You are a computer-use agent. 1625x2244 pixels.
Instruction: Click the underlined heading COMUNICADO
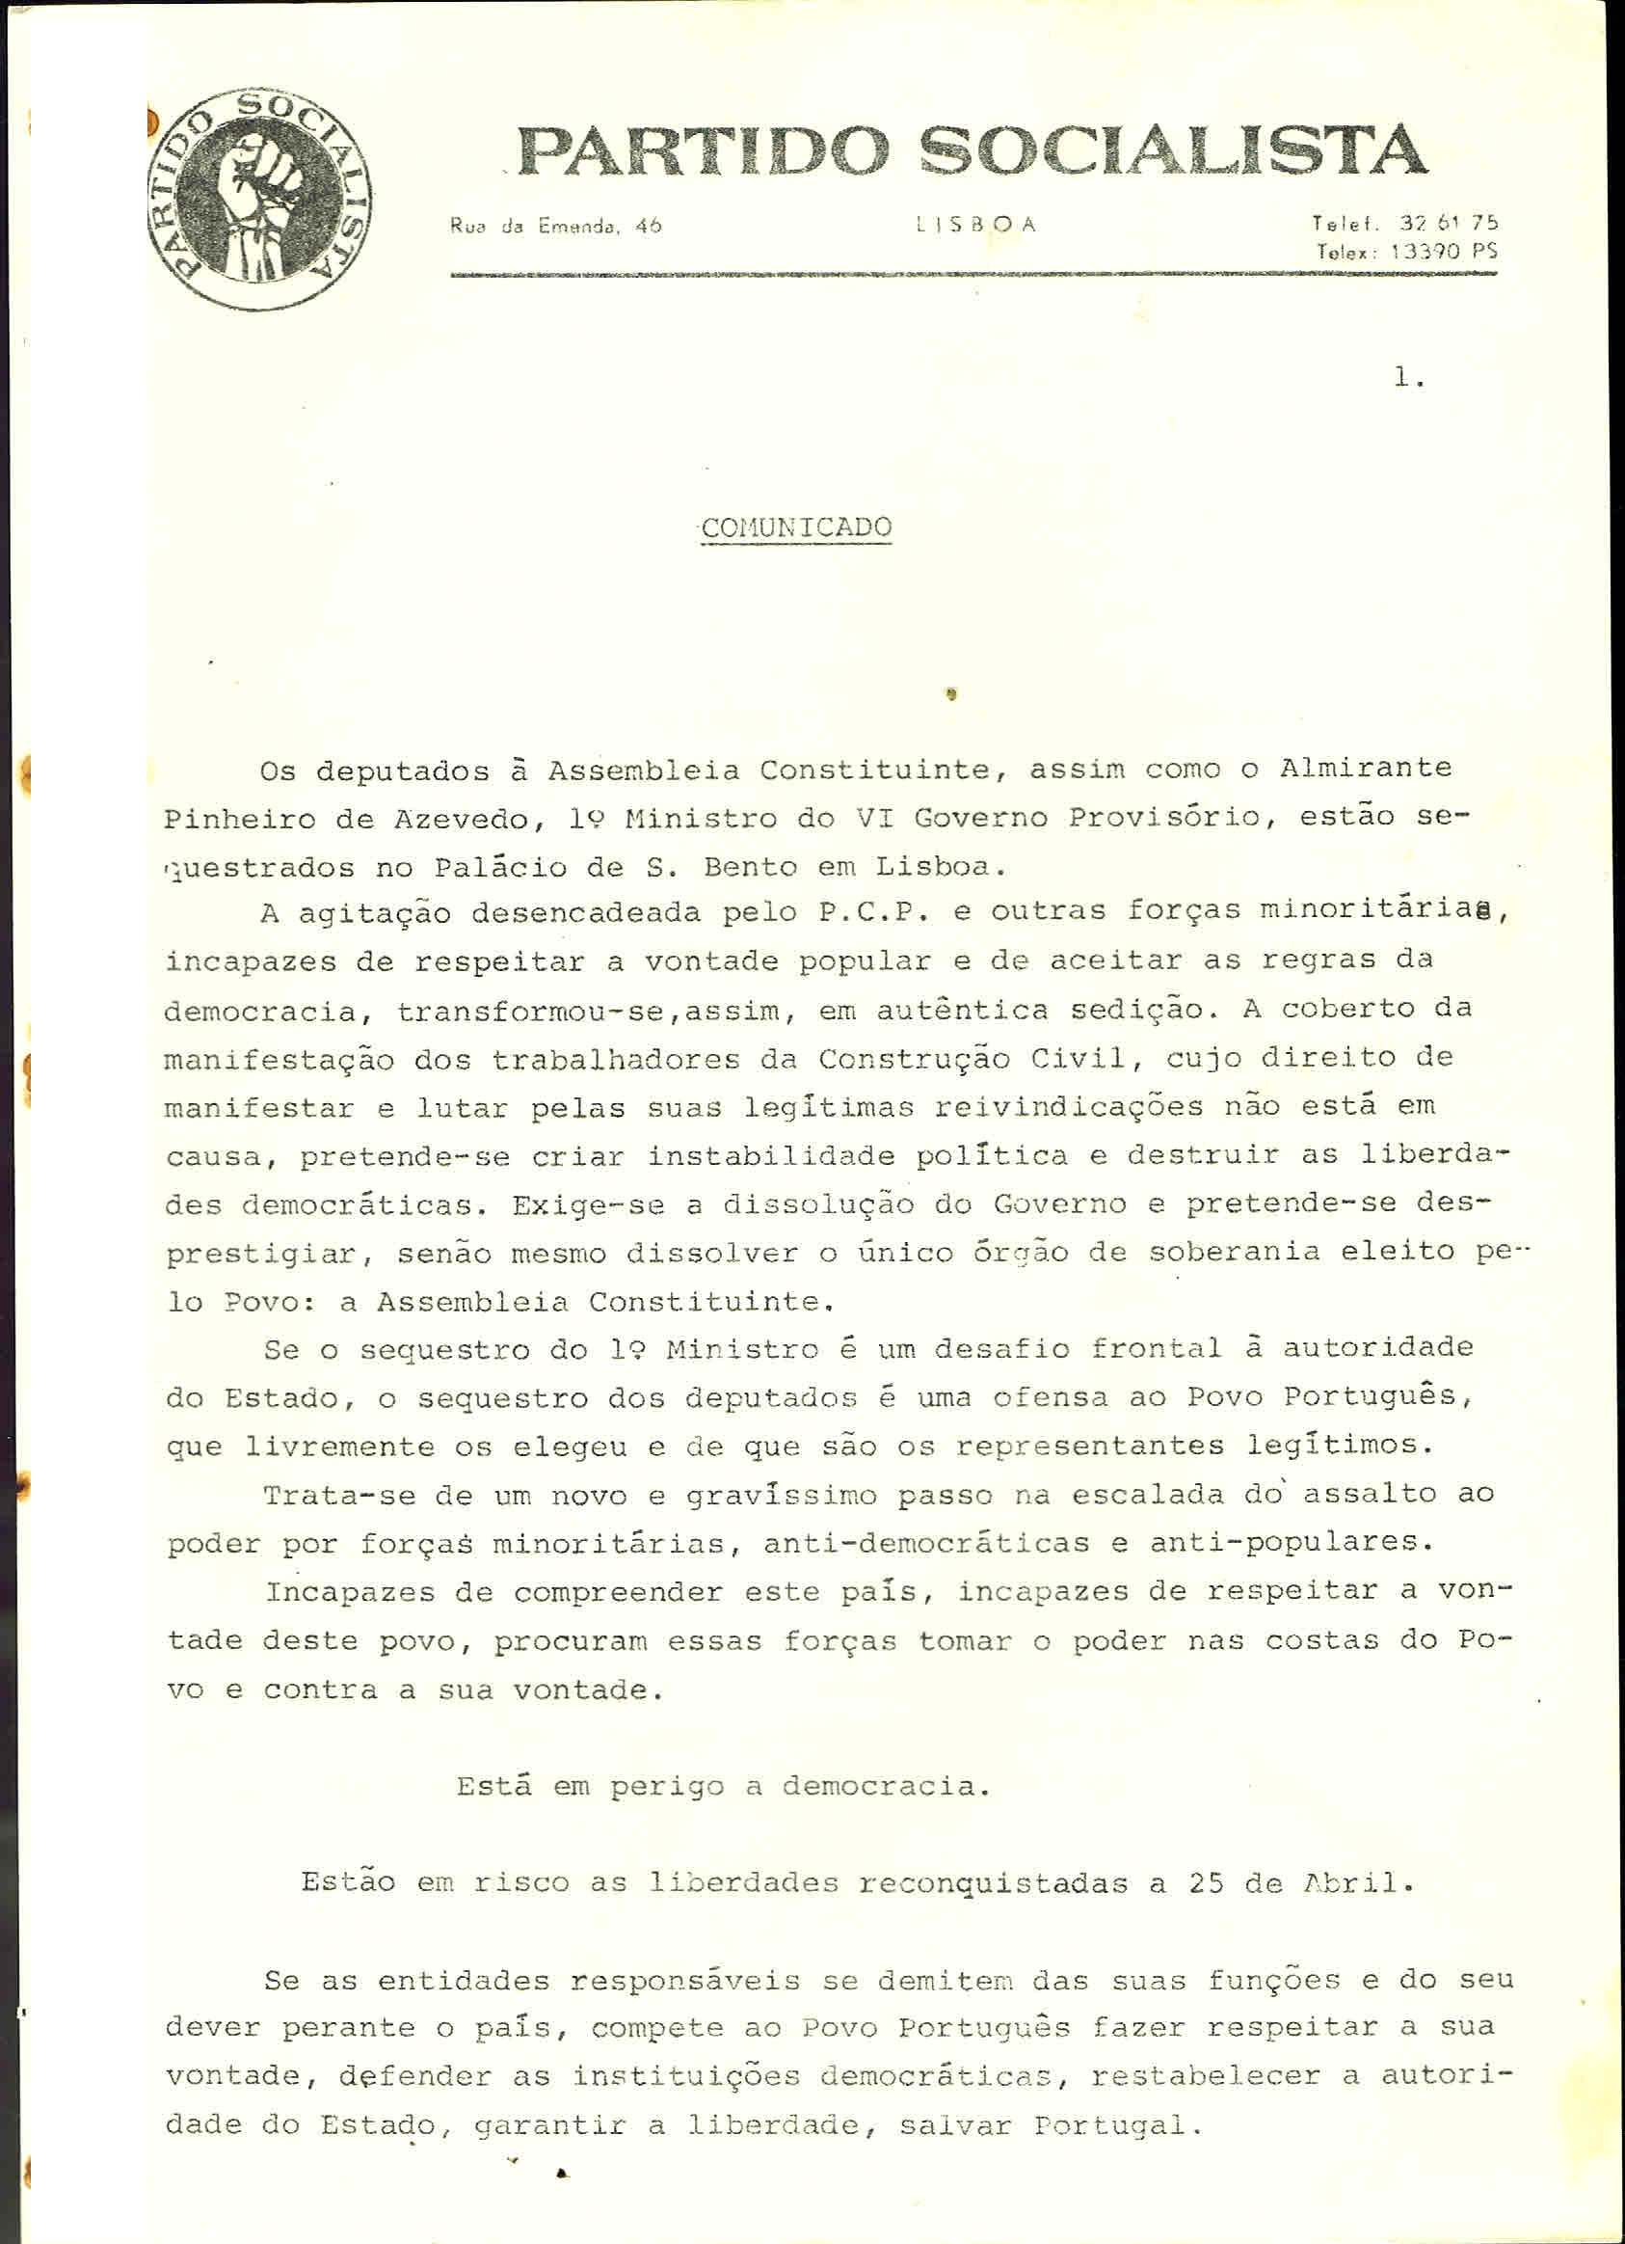pos(796,527)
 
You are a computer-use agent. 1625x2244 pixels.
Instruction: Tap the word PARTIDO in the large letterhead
pos(704,151)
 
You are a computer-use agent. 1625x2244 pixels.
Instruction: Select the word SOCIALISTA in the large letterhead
pos(1172,149)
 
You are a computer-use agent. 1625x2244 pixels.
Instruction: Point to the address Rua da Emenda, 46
pos(555,227)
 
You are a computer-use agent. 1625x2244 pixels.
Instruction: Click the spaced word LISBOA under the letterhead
pos(976,225)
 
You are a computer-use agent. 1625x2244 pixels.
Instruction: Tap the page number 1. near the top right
pos(1408,377)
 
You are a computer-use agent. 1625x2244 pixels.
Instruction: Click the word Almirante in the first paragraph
pos(1365,768)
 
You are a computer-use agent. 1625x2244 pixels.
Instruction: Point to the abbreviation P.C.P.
pos(873,912)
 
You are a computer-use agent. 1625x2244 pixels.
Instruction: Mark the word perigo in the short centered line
pos(667,1786)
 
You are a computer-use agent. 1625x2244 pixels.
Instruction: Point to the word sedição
pos(1136,1010)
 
